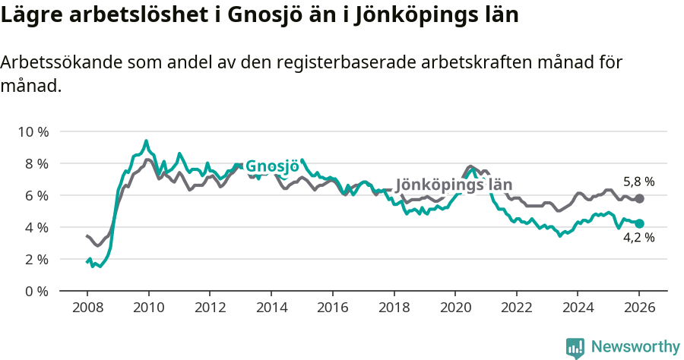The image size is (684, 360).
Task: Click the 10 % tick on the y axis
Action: click(33, 131)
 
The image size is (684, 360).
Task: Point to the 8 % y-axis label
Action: click(36, 163)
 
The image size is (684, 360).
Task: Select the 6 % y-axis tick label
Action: click(36, 195)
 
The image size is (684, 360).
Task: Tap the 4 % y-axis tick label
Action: click(36, 227)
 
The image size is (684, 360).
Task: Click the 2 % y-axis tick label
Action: click(36, 259)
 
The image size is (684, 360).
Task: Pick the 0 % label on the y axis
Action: click(36, 291)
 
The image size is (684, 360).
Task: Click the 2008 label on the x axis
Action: click(87, 309)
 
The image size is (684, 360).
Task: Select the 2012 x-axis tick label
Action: click(210, 309)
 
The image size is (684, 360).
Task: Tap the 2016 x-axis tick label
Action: click(332, 309)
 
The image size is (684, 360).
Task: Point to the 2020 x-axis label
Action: click(454, 309)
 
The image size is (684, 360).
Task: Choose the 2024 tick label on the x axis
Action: click(578, 309)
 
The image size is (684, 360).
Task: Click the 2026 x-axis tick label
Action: click(639, 309)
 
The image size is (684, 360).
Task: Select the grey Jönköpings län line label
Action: click(454, 185)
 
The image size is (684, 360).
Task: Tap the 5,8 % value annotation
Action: click(638, 182)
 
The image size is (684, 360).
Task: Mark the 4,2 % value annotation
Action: click(638, 237)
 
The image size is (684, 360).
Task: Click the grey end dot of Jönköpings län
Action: click(639, 198)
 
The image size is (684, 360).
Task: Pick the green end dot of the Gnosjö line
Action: click(639, 223)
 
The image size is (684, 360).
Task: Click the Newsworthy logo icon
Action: click(575, 347)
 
